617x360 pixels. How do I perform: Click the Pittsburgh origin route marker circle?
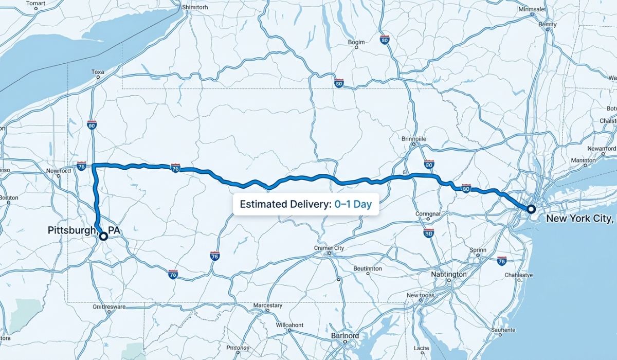[x=103, y=236]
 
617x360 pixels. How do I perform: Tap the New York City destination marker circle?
[x=531, y=209]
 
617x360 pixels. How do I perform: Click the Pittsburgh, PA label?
[x=83, y=230]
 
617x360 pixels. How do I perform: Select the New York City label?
[x=579, y=219]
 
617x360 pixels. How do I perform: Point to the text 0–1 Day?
[x=353, y=204]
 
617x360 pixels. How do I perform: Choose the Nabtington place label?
[x=449, y=275]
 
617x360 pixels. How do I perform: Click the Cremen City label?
[x=329, y=248]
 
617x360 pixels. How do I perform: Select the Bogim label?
[x=356, y=42]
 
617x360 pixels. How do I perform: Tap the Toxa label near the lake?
[x=98, y=72]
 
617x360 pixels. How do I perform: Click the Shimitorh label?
[x=195, y=8]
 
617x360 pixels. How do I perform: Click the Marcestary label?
[x=267, y=305]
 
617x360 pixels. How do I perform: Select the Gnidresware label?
[x=108, y=307]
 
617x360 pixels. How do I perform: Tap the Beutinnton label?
[x=368, y=268]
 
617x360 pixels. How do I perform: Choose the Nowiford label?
[x=58, y=170]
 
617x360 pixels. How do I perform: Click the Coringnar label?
[x=428, y=213]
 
